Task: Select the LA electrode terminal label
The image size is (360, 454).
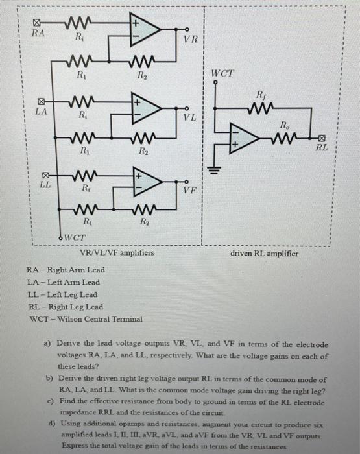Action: tap(40, 112)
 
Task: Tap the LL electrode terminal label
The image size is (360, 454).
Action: tap(40, 185)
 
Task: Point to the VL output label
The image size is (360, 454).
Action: tap(189, 117)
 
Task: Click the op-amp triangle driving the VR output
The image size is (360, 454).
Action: tap(145, 29)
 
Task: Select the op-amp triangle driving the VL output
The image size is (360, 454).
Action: tap(145, 108)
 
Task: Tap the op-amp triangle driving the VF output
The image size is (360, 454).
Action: tap(145, 181)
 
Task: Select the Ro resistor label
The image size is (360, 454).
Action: tap(285, 123)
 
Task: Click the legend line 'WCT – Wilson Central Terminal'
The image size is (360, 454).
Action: tap(84, 318)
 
